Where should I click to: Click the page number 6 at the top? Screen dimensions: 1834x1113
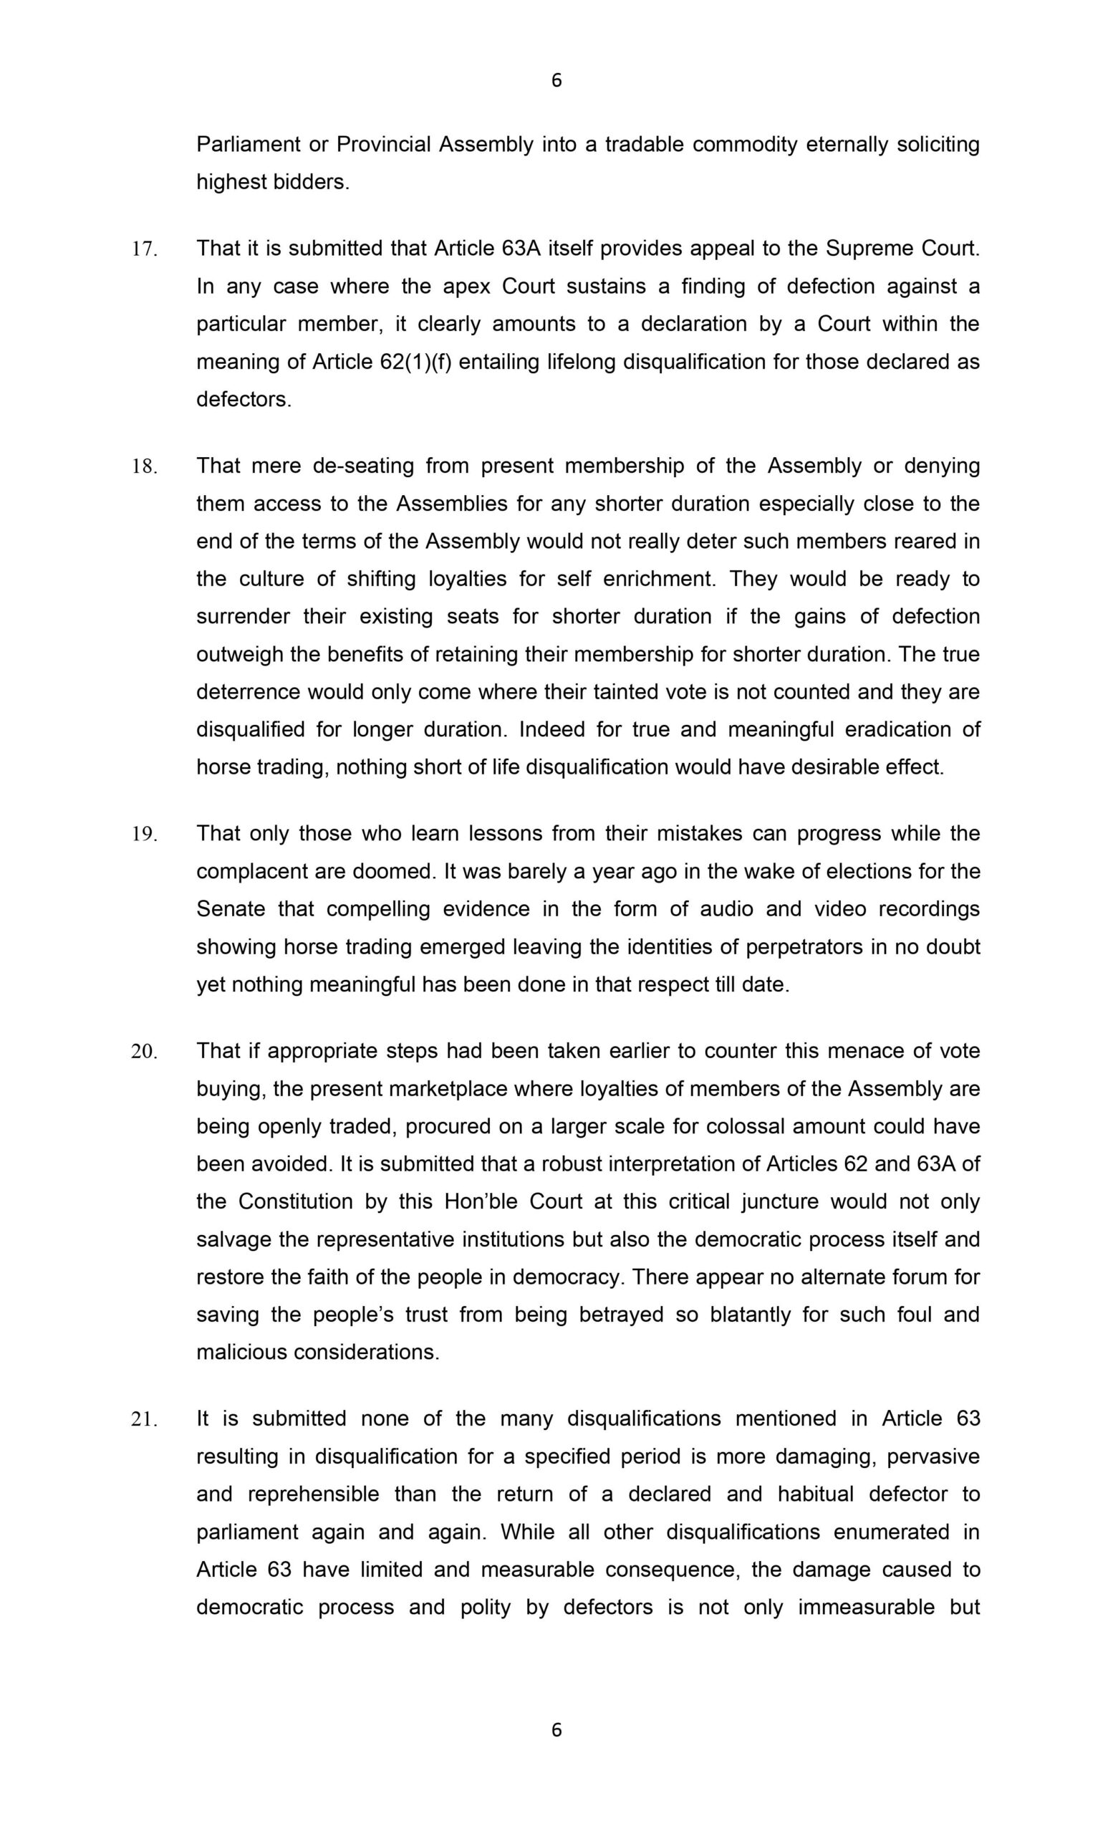point(556,80)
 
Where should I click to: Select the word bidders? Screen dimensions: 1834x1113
point(311,183)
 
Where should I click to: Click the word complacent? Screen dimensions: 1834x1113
point(251,871)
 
